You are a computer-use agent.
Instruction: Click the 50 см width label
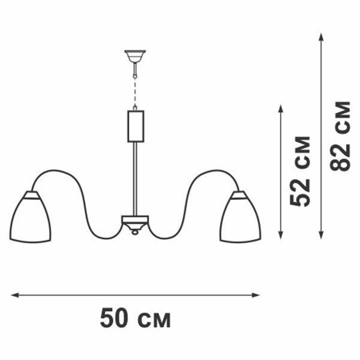135,318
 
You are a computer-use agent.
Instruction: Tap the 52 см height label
301,171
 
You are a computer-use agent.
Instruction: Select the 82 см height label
340,136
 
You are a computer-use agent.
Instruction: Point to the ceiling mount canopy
136,58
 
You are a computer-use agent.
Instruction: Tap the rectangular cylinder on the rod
136,126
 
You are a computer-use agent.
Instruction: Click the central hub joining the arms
135,222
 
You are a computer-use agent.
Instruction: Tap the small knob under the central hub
135,232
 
